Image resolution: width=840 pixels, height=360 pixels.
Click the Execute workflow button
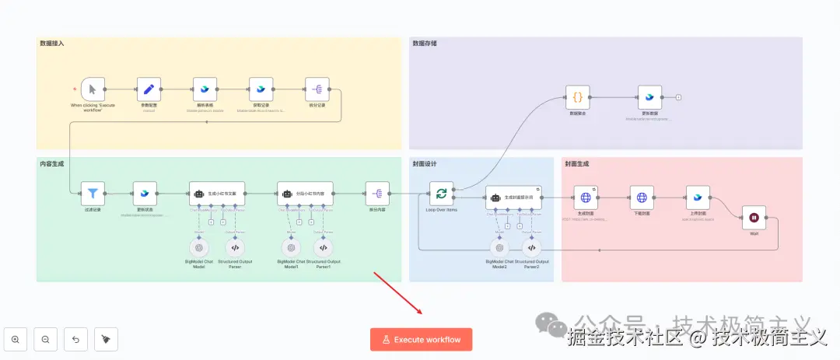[x=421, y=340]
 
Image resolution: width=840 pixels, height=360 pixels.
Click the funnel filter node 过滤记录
[x=92, y=193]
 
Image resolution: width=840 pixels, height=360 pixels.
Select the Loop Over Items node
[x=442, y=193]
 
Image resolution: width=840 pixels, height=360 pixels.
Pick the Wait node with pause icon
[x=753, y=218]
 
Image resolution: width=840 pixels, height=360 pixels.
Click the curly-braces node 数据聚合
[x=577, y=97]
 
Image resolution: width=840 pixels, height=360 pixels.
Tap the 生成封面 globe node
[x=586, y=198]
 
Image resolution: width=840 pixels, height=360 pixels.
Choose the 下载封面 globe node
[x=642, y=198]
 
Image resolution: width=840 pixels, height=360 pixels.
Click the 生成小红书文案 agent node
[x=222, y=193]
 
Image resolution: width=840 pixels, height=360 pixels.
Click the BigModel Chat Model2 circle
[x=499, y=248]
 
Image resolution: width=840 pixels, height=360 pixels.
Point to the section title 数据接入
[x=52, y=44]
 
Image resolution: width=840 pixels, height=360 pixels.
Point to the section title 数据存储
[x=425, y=44]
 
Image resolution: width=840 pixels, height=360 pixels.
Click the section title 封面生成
[x=576, y=164]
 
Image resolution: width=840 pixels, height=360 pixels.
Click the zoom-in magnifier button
[x=16, y=339]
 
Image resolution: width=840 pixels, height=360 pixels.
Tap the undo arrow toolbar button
[x=75, y=339]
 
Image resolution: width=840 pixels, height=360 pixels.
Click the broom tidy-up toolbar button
[x=106, y=339]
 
